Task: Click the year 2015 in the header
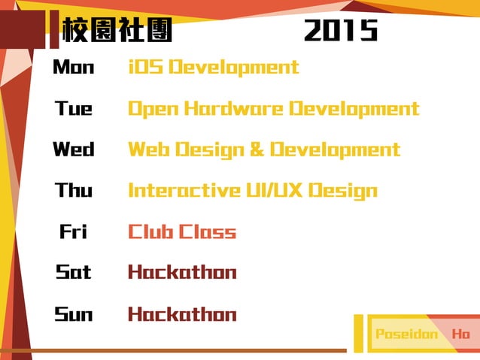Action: tap(341, 31)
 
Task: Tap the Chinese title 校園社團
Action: tap(117, 31)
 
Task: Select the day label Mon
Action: tap(74, 68)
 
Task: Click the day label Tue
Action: tap(74, 109)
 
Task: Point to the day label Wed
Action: tap(74, 150)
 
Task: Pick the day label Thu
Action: tap(74, 190)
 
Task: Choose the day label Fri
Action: tap(74, 231)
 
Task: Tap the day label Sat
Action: tap(74, 272)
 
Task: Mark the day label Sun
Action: tap(74, 314)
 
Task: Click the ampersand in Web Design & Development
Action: tap(257, 150)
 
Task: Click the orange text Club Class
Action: tap(182, 231)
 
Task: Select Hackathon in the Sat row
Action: tap(182, 272)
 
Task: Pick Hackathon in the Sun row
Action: tap(182, 314)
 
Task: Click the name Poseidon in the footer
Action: tap(406, 334)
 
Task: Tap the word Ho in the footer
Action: tap(460, 334)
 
